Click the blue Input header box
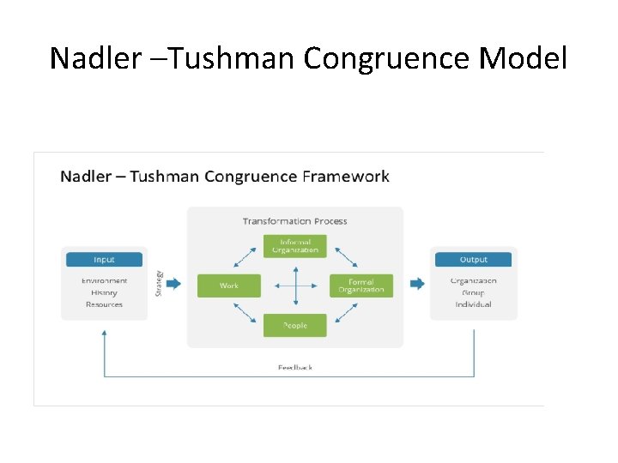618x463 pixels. (x=104, y=259)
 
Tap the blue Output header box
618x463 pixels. (x=473, y=259)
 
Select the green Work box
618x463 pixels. (x=228, y=286)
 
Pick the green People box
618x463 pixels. (x=295, y=326)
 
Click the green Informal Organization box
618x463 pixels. (x=295, y=246)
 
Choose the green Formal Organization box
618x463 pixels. (x=361, y=286)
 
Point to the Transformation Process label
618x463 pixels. (x=294, y=221)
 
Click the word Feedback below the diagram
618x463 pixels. (x=295, y=368)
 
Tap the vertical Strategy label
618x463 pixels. (x=159, y=284)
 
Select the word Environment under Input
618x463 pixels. (x=104, y=280)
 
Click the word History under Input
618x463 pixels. (x=104, y=292)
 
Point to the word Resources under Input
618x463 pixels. (x=104, y=304)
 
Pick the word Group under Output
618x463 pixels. (x=473, y=292)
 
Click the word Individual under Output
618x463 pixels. (x=473, y=304)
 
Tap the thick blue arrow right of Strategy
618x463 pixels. (x=173, y=284)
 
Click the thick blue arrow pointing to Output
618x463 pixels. (x=417, y=284)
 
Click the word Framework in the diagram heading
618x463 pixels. (x=346, y=177)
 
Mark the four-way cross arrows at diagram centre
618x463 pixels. (x=295, y=286)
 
